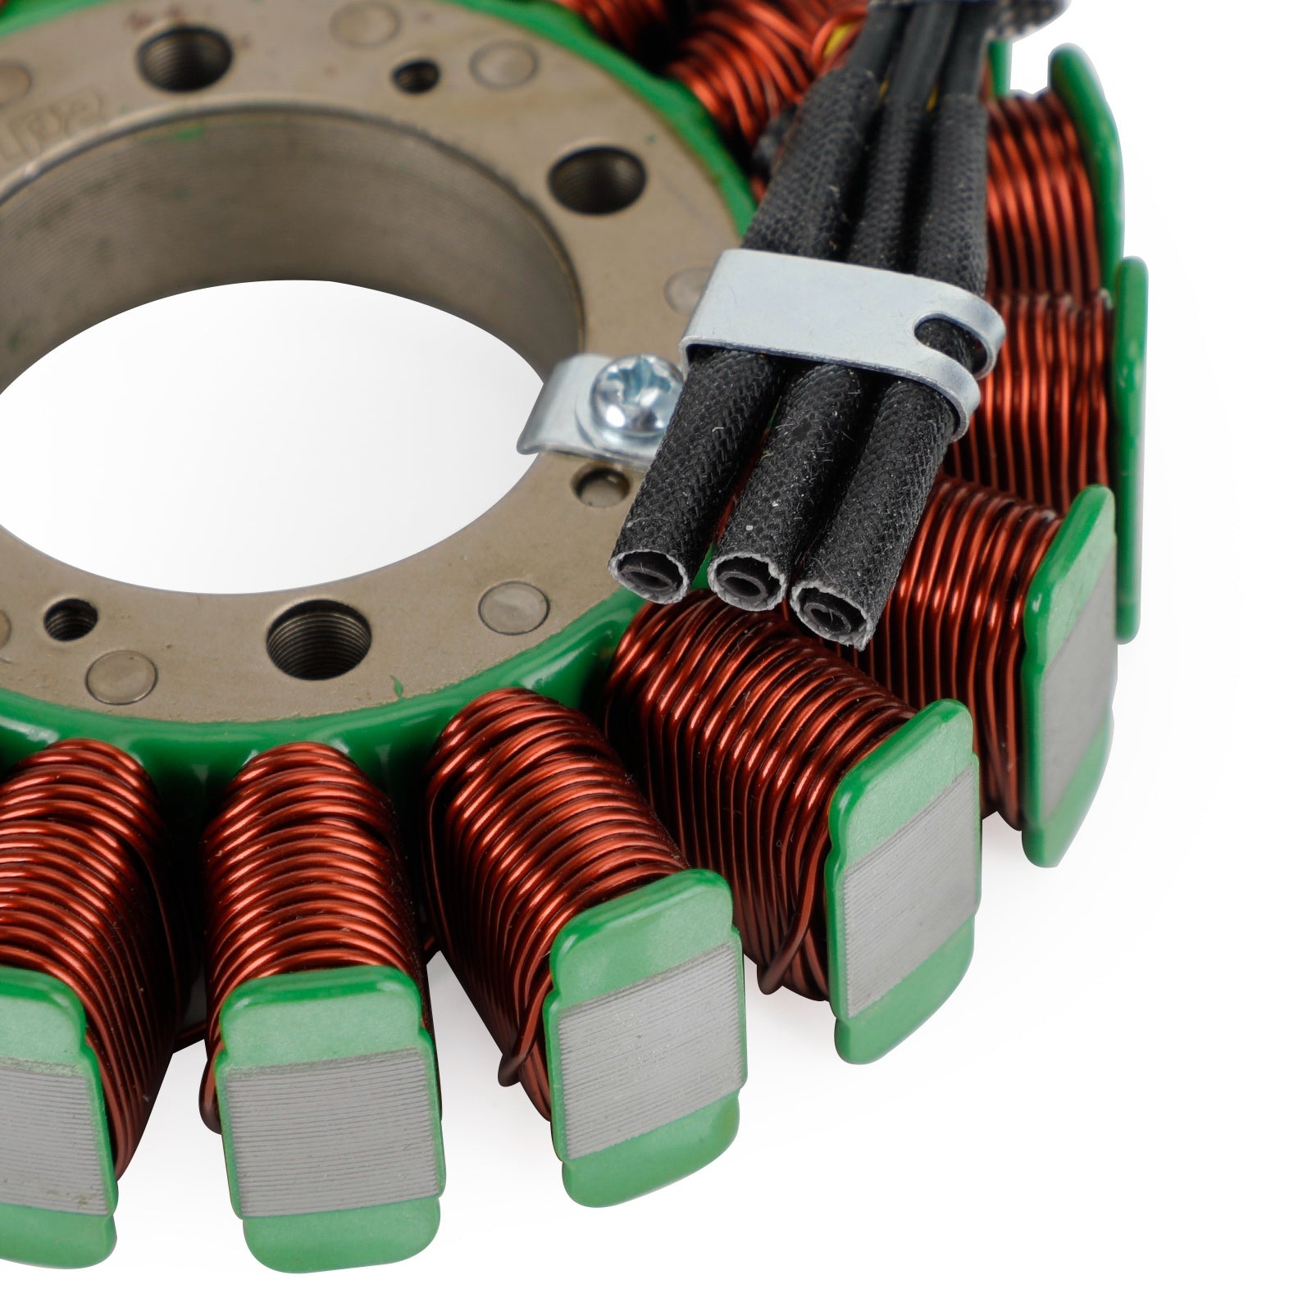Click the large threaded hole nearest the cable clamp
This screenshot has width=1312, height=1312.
point(596,182)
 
